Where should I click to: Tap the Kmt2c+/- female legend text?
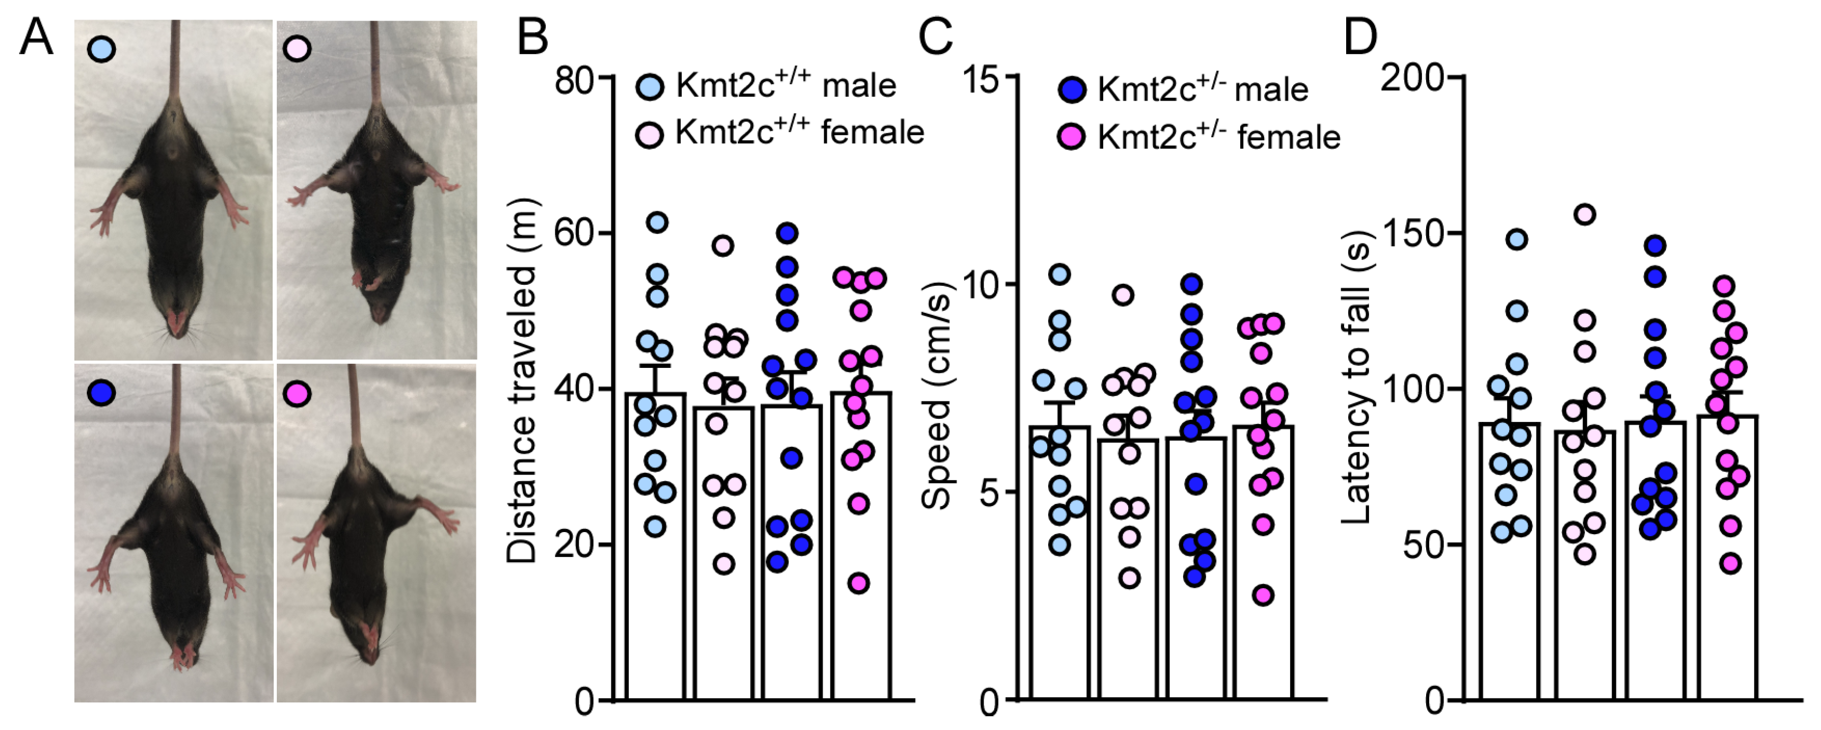tap(1218, 137)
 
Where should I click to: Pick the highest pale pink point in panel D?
tap(1585, 214)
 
